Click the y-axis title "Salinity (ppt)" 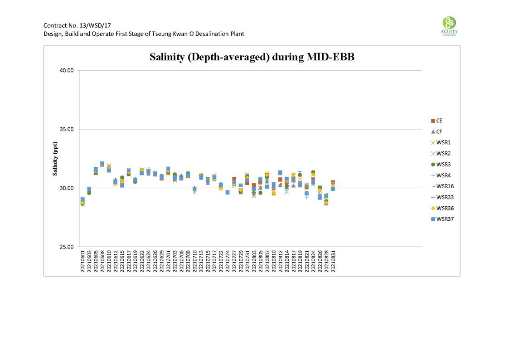pyautogui.click(x=55, y=158)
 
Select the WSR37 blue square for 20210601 pyautogui.click(x=82, y=199)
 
